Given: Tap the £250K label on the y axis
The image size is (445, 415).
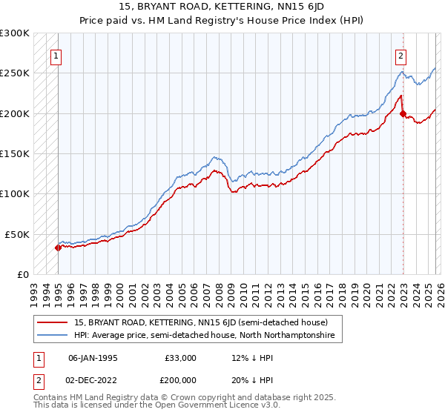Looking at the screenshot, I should [15, 73].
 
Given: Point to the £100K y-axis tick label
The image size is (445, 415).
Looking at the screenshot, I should [15, 193].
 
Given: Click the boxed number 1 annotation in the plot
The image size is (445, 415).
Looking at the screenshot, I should [57, 54].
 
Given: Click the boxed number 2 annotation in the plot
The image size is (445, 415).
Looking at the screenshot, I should [400, 54].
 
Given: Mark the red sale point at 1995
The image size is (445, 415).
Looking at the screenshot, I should [58, 248].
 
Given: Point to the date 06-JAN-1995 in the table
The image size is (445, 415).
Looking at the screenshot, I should [93, 358].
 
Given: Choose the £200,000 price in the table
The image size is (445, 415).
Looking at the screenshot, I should [182, 379].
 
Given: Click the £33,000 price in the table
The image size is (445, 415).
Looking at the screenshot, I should [182, 358].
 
